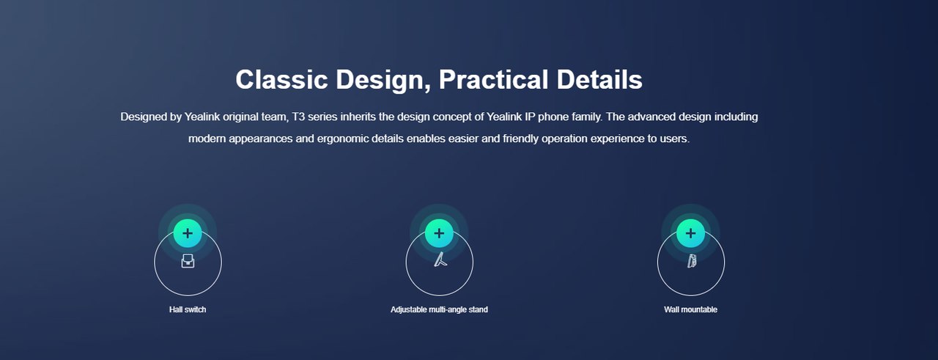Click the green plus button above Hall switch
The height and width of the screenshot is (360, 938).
pos(188,233)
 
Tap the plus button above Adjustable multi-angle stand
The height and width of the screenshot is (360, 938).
pos(439,233)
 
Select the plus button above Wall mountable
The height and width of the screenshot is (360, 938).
pos(690,233)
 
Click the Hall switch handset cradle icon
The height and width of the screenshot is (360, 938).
pos(188,261)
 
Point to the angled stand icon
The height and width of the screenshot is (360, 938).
pos(440,259)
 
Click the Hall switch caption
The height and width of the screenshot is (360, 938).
pos(188,309)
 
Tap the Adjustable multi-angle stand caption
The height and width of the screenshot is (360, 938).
pos(439,309)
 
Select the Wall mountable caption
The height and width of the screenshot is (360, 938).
pos(690,309)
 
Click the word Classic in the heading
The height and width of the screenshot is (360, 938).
pos(281,79)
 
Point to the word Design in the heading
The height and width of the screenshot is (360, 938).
pos(382,81)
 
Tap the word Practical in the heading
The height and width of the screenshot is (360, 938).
pos(493,79)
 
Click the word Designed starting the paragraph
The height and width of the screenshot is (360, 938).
pos(144,117)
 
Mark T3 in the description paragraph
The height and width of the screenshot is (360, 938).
pos(298,117)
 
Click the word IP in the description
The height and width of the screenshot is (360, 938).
pos(530,117)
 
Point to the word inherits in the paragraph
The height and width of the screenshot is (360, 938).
pos(358,117)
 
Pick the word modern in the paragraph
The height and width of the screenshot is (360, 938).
pos(207,139)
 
